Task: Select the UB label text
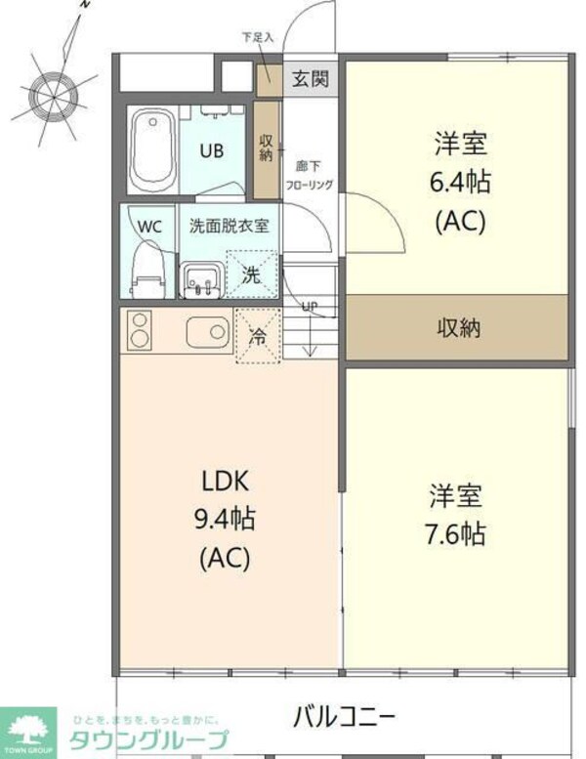211,151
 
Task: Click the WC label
149,226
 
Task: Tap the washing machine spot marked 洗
251,274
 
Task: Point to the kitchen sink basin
205,331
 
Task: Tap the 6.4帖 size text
459,182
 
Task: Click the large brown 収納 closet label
457,327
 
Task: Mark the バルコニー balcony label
344,718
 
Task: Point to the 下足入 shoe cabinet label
258,38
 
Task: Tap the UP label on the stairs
310,307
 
